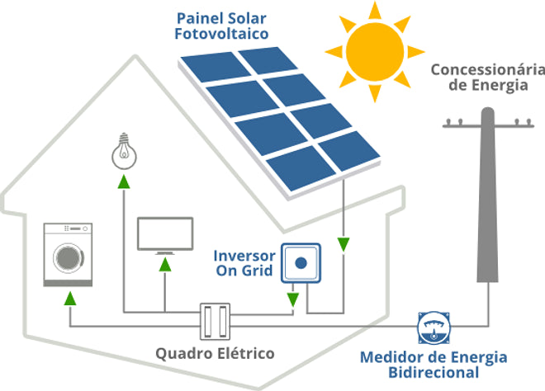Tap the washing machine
[x=69, y=254]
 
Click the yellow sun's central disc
[x=377, y=49]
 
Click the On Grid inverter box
[x=301, y=263]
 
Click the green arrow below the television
[x=165, y=265]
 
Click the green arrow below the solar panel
[x=344, y=244]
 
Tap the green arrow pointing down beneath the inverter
[x=292, y=298]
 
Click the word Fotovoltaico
[x=223, y=34]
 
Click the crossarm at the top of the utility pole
[x=486, y=125]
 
